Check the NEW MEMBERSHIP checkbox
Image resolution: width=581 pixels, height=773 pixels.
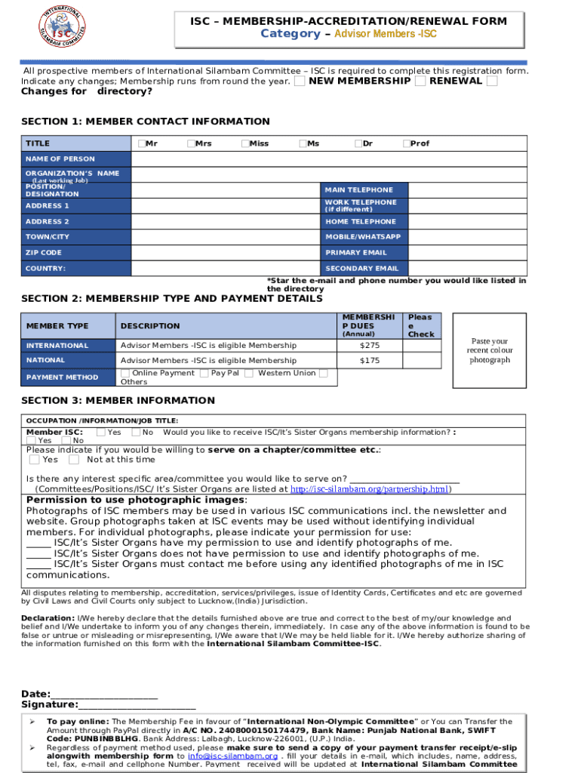coord(300,81)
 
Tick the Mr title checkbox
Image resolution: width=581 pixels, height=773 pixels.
coord(141,143)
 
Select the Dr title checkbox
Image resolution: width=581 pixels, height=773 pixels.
coord(358,143)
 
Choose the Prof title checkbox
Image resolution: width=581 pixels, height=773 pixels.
coord(406,143)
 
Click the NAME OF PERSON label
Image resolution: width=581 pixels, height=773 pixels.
coord(60,159)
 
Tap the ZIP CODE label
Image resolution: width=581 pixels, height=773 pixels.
coord(44,253)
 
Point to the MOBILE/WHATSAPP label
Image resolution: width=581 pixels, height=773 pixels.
coord(363,237)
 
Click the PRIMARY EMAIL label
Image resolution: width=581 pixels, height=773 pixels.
coord(356,253)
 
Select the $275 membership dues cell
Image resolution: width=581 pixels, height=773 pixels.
coord(370,346)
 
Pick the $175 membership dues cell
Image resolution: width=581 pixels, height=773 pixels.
coord(370,361)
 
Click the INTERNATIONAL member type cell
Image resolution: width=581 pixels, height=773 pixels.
coord(57,346)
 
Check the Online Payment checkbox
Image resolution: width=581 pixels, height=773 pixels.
coord(124,374)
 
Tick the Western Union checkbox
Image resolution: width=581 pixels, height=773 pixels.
coord(323,373)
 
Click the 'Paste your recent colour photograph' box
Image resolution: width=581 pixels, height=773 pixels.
coord(490,351)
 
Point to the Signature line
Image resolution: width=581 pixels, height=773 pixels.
coord(137,706)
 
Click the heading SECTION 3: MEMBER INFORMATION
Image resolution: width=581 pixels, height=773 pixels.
coord(118,401)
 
